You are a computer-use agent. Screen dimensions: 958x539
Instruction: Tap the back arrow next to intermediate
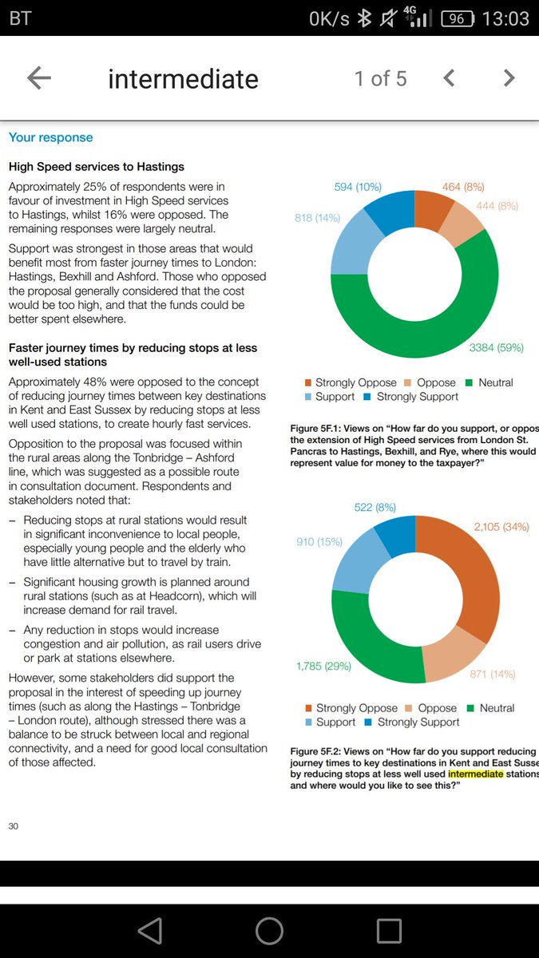point(39,78)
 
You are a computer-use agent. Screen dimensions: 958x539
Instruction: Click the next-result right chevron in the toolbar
point(509,78)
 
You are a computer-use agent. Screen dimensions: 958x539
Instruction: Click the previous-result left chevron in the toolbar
point(449,78)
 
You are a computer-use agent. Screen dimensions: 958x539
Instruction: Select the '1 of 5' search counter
point(381,78)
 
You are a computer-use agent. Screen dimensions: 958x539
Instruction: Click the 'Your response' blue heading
point(50,137)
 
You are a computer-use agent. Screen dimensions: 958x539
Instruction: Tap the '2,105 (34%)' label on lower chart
point(501,527)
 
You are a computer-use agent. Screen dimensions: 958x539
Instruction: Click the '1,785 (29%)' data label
point(323,665)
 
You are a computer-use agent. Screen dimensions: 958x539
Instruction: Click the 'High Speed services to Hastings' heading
point(97,167)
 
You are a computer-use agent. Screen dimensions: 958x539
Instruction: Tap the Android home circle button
point(269,931)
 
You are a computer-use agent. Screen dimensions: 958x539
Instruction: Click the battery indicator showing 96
point(456,18)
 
